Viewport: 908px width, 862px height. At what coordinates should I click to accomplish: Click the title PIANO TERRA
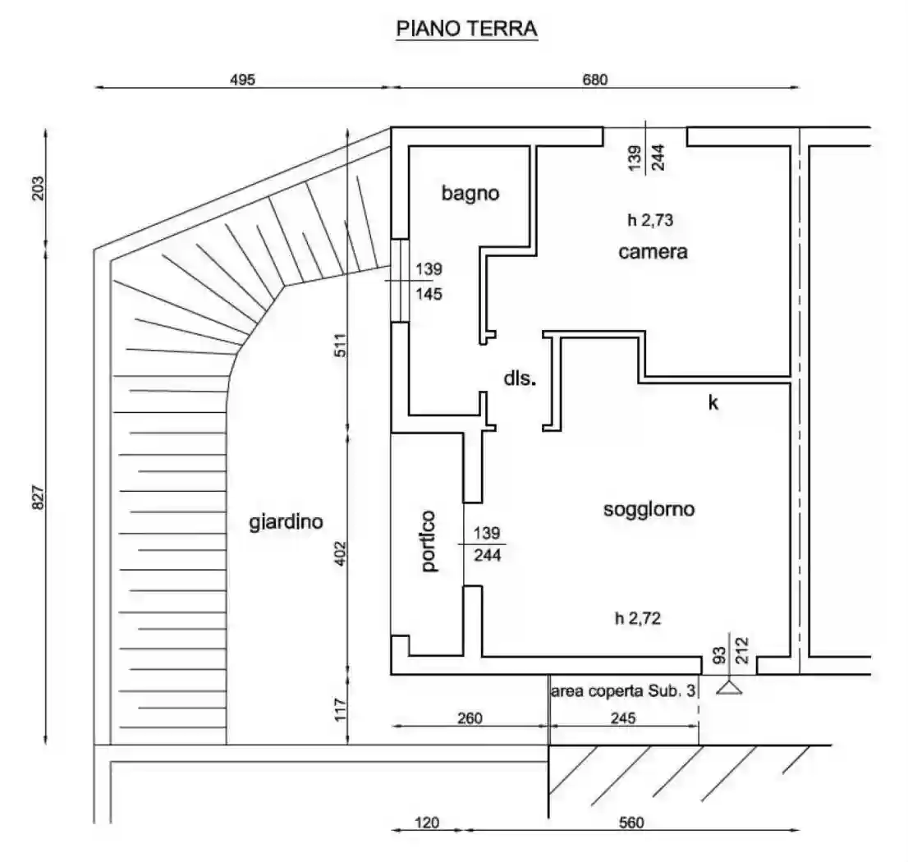466,29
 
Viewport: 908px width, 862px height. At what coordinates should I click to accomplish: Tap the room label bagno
470,194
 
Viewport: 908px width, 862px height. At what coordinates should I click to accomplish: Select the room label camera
653,252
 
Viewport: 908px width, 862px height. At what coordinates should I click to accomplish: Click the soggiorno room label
649,509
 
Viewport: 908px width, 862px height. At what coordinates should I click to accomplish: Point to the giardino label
286,521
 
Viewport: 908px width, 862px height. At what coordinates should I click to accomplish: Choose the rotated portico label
428,541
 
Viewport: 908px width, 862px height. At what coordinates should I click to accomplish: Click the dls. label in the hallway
520,378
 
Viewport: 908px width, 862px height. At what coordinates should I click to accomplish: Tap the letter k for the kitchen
713,402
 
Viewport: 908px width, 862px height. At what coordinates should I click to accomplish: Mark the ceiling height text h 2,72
638,619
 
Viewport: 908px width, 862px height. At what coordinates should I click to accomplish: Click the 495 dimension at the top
243,80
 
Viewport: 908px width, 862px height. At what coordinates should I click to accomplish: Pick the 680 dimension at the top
594,80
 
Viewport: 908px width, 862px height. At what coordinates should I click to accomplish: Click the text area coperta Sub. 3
624,692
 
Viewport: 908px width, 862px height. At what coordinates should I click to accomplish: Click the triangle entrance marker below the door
728,688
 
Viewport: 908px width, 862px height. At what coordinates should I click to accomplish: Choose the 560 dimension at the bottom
631,822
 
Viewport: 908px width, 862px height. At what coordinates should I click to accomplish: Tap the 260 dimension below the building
470,718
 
